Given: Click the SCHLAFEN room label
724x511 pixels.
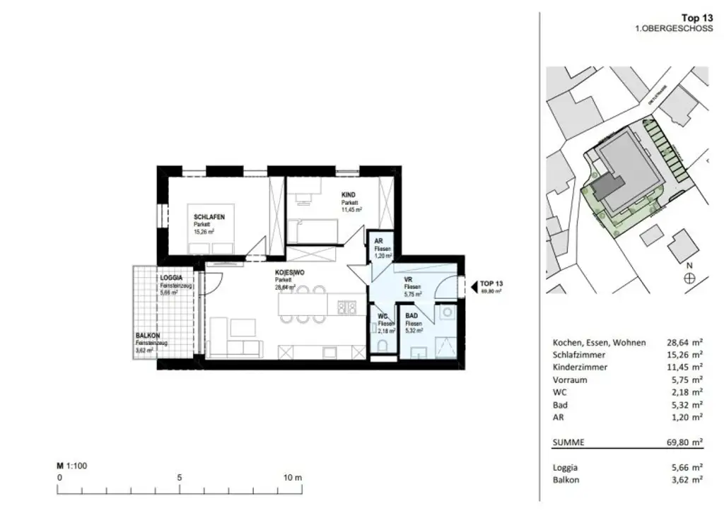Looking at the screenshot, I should pos(209,217).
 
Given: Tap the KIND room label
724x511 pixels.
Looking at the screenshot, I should pos(349,195).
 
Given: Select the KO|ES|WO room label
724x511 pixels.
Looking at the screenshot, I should pos(290,272).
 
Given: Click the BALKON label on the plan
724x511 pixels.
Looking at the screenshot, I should pos(148,336).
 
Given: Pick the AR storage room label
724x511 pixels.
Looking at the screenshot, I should pos(378,241).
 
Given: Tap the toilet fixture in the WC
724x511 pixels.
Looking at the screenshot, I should pos(382,346).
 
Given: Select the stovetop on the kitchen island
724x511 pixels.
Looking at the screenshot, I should pos(346,307).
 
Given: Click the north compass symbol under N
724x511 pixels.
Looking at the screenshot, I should pos(689,278).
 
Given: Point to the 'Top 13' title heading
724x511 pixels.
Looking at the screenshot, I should pos(696,18).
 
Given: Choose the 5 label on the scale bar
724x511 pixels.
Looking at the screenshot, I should pos(180,477).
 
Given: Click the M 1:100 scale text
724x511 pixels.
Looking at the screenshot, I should pos(71,466).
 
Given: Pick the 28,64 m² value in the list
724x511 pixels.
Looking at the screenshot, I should pos(686,342).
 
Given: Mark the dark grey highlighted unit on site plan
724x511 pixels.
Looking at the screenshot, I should pos(607,187).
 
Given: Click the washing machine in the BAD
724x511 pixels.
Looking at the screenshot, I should pos(447,312).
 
